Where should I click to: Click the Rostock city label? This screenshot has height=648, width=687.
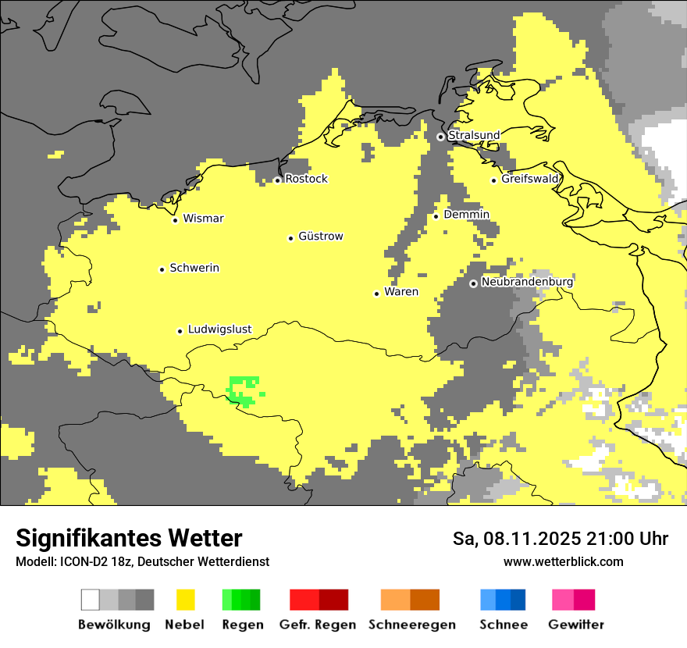[306, 179]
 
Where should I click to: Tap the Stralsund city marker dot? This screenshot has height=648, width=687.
[440, 137]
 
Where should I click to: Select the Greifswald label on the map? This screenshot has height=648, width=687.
[530, 179]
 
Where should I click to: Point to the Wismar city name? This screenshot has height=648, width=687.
[203, 219]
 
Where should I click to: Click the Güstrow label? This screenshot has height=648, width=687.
[321, 237]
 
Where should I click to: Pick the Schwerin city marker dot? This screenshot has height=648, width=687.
[162, 269]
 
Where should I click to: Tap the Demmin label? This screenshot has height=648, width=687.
[466, 215]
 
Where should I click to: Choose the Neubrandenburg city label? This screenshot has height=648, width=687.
[527, 282]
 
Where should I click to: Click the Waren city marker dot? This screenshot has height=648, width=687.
[376, 294]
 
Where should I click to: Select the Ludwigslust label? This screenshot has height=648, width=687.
[219, 329]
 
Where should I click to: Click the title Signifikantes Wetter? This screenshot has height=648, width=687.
[129, 538]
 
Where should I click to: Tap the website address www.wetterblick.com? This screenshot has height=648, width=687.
[563, 562]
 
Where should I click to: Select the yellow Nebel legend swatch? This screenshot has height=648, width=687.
[185, 600]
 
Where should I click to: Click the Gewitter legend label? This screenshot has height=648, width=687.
[576, 625]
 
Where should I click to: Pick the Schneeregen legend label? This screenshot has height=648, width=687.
[411, 625]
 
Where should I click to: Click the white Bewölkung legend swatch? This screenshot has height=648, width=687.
[91, 600]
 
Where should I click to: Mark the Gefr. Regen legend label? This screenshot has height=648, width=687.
[317, 625]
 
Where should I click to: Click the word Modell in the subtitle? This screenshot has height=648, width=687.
[34, 562]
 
